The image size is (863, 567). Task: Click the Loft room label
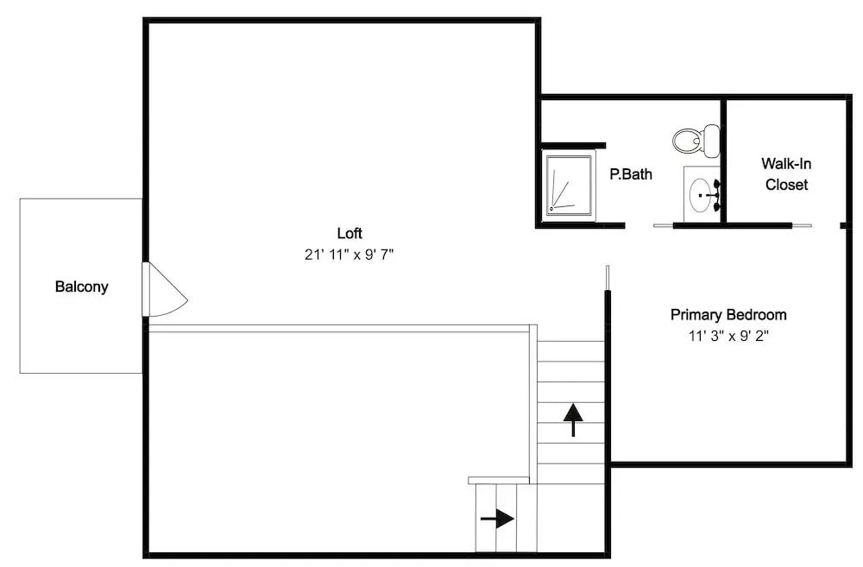(350, 233)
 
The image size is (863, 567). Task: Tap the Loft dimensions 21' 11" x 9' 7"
(350, 255)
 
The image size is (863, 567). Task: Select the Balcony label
(81, 287)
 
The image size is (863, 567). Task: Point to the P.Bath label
(631, 174)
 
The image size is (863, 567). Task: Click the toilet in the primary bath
(696, 141)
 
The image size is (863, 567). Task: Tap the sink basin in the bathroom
(700, 195)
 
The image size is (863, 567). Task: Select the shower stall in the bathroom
(569, 186)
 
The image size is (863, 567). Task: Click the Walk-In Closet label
(786, 174)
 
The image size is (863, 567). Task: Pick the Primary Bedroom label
(728, 315)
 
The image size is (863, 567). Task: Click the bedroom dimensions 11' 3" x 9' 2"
(728, 336)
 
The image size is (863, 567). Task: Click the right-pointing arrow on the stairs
(498, 519)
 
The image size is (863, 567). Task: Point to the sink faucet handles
(716, 195)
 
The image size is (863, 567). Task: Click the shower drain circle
(551, 209)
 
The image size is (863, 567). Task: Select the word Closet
(786, 185)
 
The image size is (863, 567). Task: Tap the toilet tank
(712, 140)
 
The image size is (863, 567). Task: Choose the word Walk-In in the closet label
(786, 163)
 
